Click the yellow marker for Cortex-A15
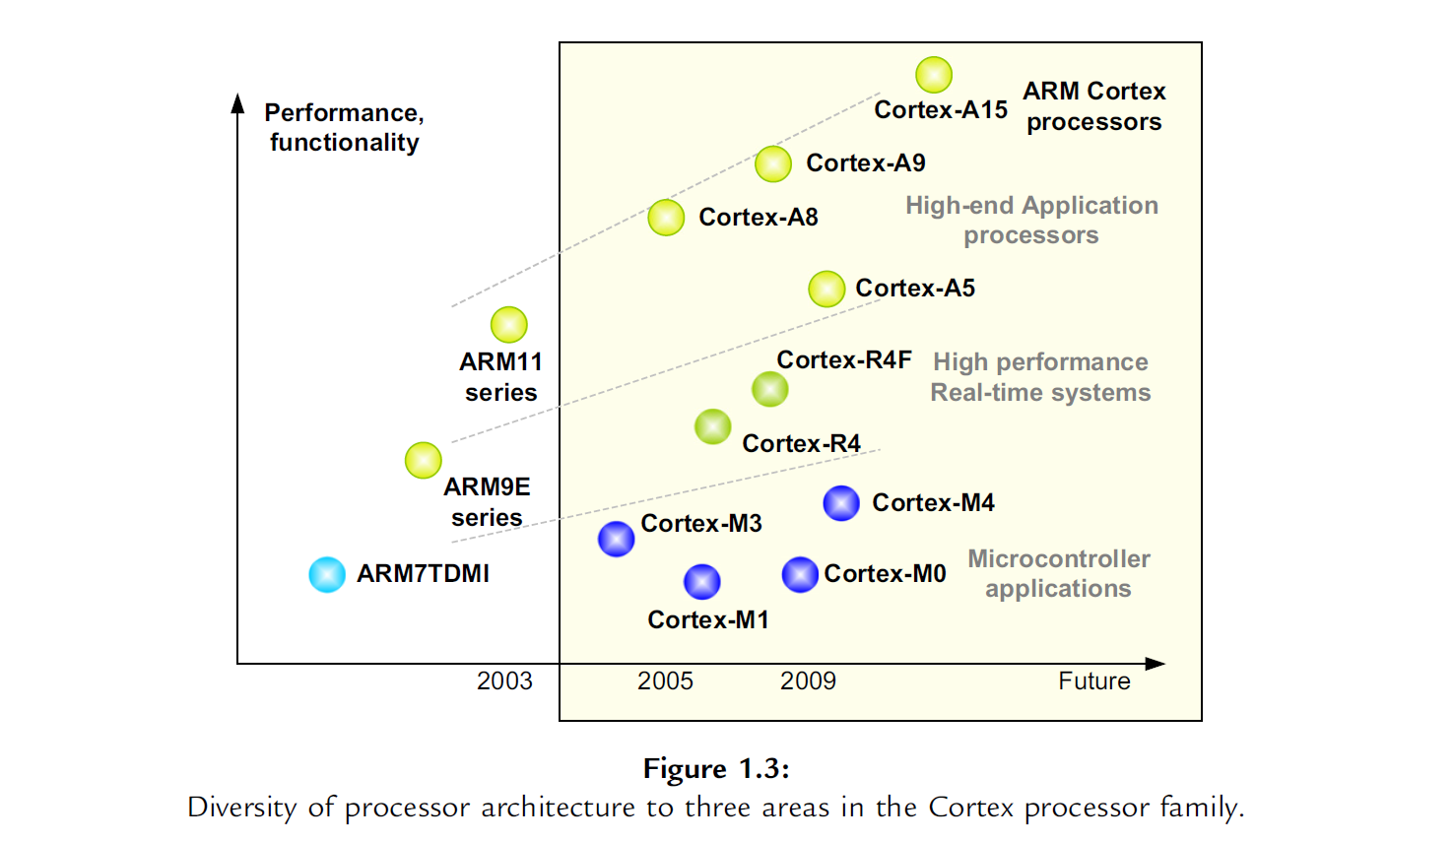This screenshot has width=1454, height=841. click(934, 75)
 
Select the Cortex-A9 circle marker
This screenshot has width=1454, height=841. click(773, 163)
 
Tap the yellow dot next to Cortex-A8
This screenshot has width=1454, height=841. click(666, 218)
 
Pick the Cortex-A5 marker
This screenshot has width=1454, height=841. click(826, 290)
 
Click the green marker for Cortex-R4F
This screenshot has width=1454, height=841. click(770, 389)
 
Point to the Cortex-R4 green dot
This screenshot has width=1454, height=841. click(713, 427)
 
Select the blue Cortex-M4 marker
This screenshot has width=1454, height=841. click(841, 503)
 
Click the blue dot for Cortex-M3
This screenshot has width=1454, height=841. click(617, 539)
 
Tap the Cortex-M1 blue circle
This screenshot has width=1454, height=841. click(702, 582)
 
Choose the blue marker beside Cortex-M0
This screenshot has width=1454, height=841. click(800, 574)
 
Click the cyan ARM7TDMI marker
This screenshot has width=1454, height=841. click(327, 574)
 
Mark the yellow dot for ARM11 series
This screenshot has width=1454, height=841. click(509, 324)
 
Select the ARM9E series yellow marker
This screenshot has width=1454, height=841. click(424, 460)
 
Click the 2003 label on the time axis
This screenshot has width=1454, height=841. click(504, 681)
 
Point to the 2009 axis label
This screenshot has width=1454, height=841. click(808, 681)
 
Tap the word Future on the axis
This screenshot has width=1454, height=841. click(1093, 681)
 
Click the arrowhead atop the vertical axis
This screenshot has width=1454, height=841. click(237, 102)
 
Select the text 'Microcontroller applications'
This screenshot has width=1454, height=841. click(1058, 573)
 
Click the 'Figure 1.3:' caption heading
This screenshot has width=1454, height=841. click(716, 768)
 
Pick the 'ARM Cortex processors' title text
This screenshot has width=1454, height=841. click(1093, 106)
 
